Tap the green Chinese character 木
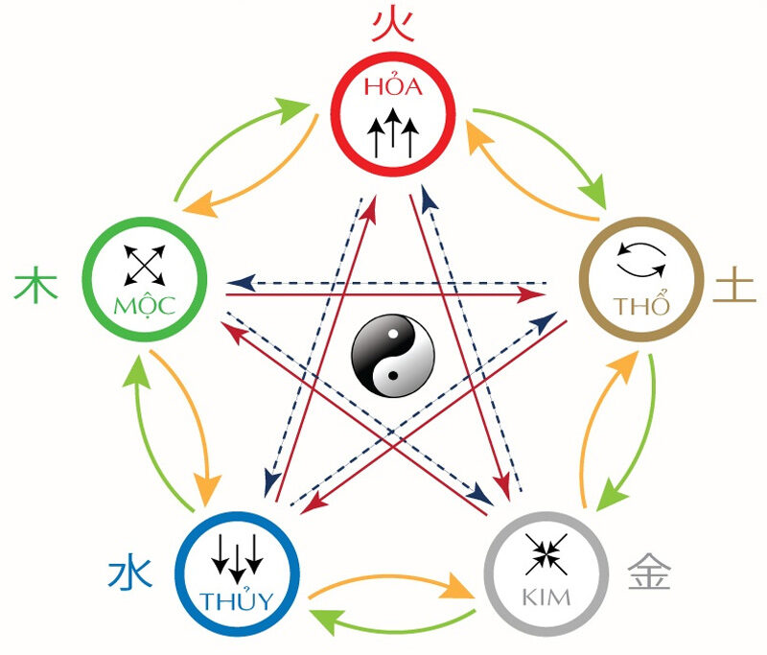click(32, 286)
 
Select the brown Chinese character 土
click(732, 285)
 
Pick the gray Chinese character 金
click(649, 573)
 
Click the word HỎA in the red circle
click(393, 86)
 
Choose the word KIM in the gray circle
click(545, 597)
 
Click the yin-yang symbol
click(392, 356)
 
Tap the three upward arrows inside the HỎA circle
click(393, 133)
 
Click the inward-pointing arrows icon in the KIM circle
click(546, 554)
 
